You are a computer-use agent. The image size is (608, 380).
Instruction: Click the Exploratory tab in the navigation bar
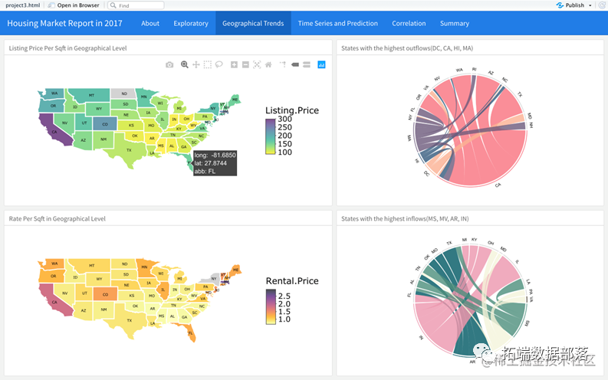click(191, 23)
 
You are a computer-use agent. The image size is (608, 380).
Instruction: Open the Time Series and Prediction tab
click(337, 23)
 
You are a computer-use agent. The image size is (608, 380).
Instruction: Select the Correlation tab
click(409, 23)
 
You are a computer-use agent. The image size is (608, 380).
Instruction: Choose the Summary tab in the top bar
click(455, 23)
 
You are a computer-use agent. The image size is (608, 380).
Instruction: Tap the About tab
click(150, 23)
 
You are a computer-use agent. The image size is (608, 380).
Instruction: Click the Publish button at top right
click(573, 5)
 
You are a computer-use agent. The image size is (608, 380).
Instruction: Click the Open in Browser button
click(77, 5)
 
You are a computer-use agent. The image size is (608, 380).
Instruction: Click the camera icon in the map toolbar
click(169, 64)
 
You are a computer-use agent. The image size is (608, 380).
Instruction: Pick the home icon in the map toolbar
click(268, 64)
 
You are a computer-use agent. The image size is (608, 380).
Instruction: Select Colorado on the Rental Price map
click(104, 293)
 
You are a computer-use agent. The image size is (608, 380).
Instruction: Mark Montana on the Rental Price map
click(92, 264)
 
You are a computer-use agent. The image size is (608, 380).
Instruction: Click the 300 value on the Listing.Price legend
click(285, 120)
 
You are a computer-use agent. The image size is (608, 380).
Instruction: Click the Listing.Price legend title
click(292, 110)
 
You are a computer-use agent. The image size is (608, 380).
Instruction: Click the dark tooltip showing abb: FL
click(215, 163)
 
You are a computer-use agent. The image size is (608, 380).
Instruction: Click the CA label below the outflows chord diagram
click(498, 185)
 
